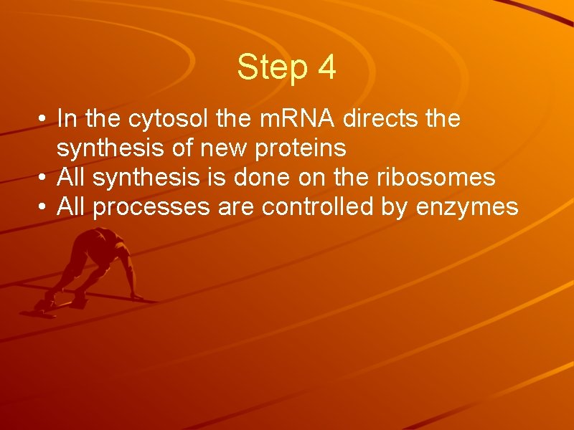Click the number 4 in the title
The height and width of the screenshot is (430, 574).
pyautogui.click(x=325, y=67)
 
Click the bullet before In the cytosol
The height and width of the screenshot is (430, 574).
pyautogui.click(x=44, y=119)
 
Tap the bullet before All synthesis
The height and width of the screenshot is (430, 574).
pyautogui.click(x=44, y=178)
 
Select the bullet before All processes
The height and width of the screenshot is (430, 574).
pyautogui.click(x=44, y=208)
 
